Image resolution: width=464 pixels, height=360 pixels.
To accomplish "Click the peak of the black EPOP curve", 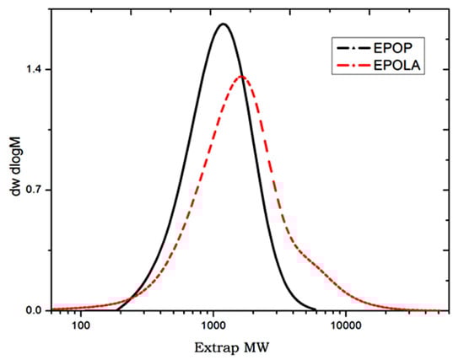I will click(223, 24).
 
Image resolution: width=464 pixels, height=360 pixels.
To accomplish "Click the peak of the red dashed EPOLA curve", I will click(241, 78).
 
